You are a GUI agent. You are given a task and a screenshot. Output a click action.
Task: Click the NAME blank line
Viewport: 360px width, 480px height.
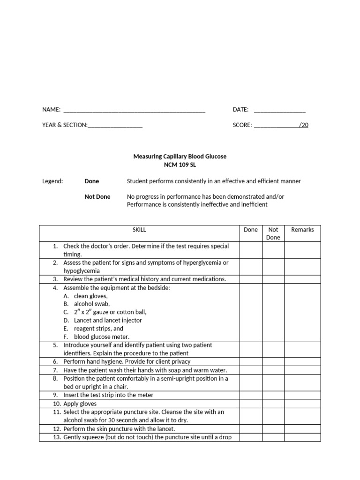[134, 111]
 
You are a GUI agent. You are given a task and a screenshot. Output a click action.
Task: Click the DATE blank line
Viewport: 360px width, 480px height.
[280, 111]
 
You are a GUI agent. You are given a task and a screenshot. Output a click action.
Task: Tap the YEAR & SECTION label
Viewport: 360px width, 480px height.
[65, 125]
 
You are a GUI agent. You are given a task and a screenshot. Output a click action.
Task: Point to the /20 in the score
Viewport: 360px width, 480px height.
[304, 125]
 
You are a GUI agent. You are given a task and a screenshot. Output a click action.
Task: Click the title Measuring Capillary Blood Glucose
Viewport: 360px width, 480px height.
[180, 157]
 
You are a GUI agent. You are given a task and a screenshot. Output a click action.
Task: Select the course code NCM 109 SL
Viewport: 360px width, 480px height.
[180, 165]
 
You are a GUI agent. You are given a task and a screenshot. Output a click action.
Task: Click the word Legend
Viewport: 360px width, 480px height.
[52, 181]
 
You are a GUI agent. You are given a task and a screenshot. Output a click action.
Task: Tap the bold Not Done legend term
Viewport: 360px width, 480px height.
[97, 197]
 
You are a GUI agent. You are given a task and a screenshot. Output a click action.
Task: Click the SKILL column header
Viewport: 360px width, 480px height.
[139, 230]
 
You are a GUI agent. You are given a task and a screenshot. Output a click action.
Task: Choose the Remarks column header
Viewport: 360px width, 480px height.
[302, 230]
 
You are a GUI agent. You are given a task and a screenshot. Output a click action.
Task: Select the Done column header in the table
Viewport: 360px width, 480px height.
[251, 230]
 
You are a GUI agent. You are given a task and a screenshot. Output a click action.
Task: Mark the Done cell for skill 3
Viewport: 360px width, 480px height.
[251, 279]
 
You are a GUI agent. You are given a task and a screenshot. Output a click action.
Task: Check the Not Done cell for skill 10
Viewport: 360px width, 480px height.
[273, 404]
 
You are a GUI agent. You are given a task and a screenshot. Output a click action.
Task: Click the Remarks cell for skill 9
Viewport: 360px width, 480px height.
[302, 395]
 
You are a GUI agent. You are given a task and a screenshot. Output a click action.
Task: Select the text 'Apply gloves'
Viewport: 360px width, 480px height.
[80, 404]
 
